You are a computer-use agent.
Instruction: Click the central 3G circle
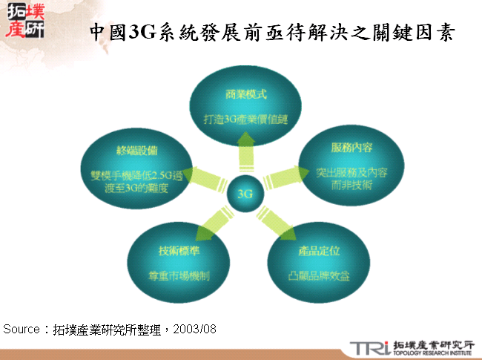(x=245, y=194)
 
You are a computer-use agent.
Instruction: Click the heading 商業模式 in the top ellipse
(x=245, y=96)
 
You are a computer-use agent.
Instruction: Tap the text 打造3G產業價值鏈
(x=246, y=118)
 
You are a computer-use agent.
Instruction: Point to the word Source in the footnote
(x=22, y=327)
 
